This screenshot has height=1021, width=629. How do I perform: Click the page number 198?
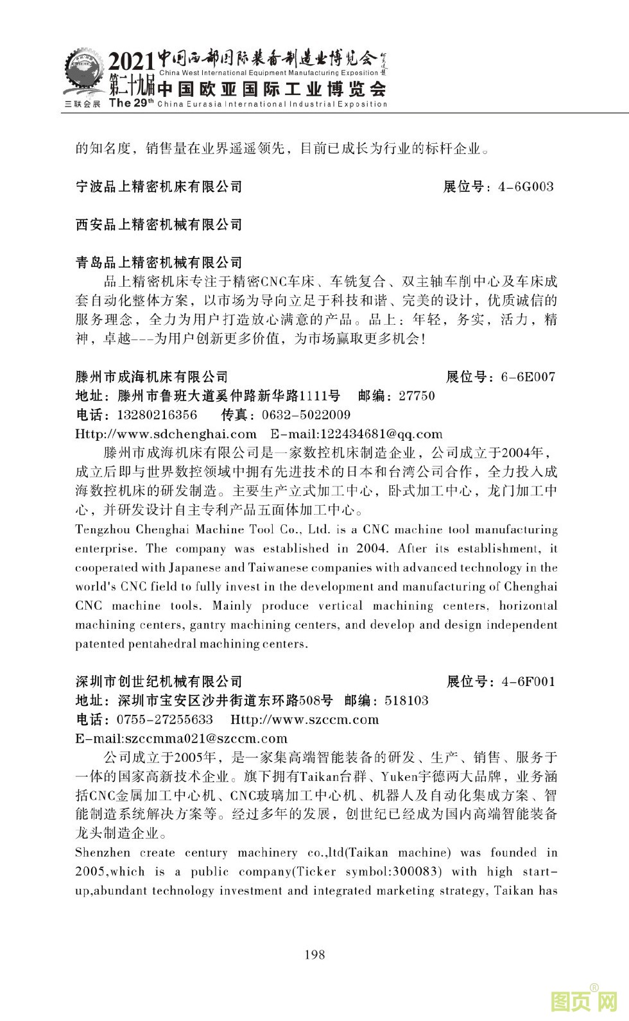pos(314,954)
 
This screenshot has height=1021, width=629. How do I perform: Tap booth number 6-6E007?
pos(528,377)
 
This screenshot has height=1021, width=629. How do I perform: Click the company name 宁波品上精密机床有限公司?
pos(159,187)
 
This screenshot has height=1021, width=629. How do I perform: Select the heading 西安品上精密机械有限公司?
pos(159,225)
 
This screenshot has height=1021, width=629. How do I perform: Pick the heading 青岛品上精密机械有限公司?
pos(159,262)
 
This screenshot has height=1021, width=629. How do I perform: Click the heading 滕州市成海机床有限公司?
pos(151,377)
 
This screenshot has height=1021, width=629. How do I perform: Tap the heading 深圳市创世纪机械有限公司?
pos(159,682)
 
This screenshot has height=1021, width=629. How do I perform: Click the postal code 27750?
pos(417,396)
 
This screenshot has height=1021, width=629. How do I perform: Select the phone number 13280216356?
pos(157,415)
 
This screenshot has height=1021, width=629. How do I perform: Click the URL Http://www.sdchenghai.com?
pos(166,434)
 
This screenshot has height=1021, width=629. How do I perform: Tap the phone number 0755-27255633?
pos(164,719)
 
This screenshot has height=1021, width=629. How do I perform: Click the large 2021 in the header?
pos(132,62)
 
